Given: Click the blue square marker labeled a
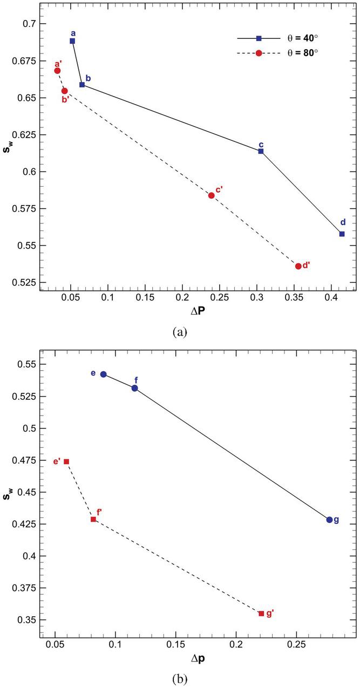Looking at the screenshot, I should [x=72, y=41].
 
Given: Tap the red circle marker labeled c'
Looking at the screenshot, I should [x=211, y=195].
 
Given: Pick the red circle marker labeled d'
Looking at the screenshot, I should [x=298, y=266].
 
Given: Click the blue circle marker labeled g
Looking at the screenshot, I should [x=329, y=520].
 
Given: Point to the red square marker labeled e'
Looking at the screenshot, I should [x=66, y=461].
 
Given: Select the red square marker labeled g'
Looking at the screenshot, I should [x=261, y=614].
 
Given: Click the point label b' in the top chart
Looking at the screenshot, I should [x=65, y=99].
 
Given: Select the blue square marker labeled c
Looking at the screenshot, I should [x=261, y=151].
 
